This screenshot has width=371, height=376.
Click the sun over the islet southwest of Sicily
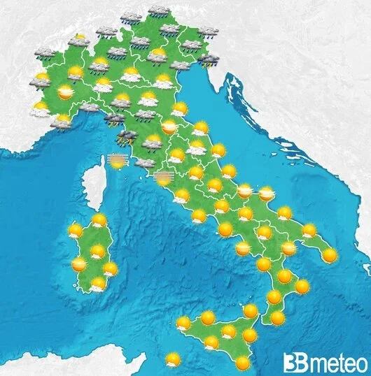173,359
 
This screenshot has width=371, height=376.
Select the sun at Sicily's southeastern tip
243,363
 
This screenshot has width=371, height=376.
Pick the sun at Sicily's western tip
183,324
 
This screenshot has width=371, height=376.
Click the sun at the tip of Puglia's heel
329,256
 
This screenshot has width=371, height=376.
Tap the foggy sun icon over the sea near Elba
118,163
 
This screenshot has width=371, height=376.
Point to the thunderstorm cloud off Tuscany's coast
127,137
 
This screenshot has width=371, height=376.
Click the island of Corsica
91,182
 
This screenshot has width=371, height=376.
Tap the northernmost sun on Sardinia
99,221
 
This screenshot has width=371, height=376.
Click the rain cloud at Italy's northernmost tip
160,10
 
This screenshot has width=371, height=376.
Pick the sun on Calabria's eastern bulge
302,287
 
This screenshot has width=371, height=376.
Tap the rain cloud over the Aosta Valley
44,53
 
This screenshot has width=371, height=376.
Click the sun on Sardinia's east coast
110,268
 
